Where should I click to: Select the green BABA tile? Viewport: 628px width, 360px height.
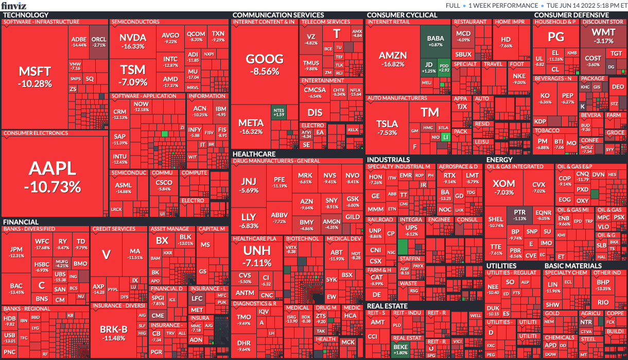435,41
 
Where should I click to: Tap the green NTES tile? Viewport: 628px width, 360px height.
280,112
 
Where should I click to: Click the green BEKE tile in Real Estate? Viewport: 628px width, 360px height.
400,349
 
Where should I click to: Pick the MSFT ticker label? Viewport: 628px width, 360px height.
35,71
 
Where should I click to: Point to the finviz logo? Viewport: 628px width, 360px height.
13,5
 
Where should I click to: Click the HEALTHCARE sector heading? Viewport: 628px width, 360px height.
254,154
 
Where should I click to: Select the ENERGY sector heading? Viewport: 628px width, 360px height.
499,160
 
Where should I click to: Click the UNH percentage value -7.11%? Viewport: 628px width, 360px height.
257,263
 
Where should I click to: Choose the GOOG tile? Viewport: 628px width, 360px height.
265,64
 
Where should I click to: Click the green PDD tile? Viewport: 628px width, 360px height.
443,66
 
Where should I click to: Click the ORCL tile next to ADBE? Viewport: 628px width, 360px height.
98,42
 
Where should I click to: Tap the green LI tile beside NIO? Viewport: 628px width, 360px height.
446,137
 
